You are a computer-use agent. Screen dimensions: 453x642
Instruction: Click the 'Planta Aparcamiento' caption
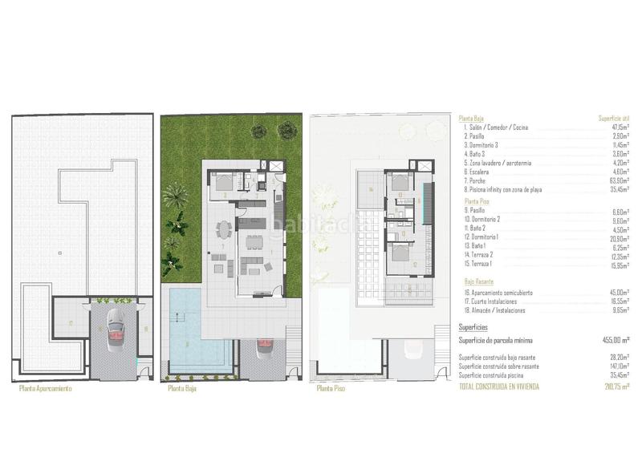pyautogui.click(x=45, y=389)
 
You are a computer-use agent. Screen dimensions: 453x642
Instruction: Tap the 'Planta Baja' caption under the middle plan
pyautogui.click(x=184, y=389)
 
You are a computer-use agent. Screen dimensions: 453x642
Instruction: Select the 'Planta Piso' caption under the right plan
pyautogui.click(x=331, y=389)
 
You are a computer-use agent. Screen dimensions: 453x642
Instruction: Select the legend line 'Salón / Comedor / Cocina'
pyautogui.click(x=497, y=127)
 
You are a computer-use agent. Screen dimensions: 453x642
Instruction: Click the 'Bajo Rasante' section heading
pyautogui.click(x=479, y=282)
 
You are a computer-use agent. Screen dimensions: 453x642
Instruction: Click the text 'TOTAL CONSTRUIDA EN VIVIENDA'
pyautogui.click(x=498, y=386)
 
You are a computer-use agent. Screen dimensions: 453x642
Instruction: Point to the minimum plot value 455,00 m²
pyautogui.click(x=616, y=341)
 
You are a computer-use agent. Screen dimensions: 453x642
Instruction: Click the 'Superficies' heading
pyautogui.click(x=474, y=328)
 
